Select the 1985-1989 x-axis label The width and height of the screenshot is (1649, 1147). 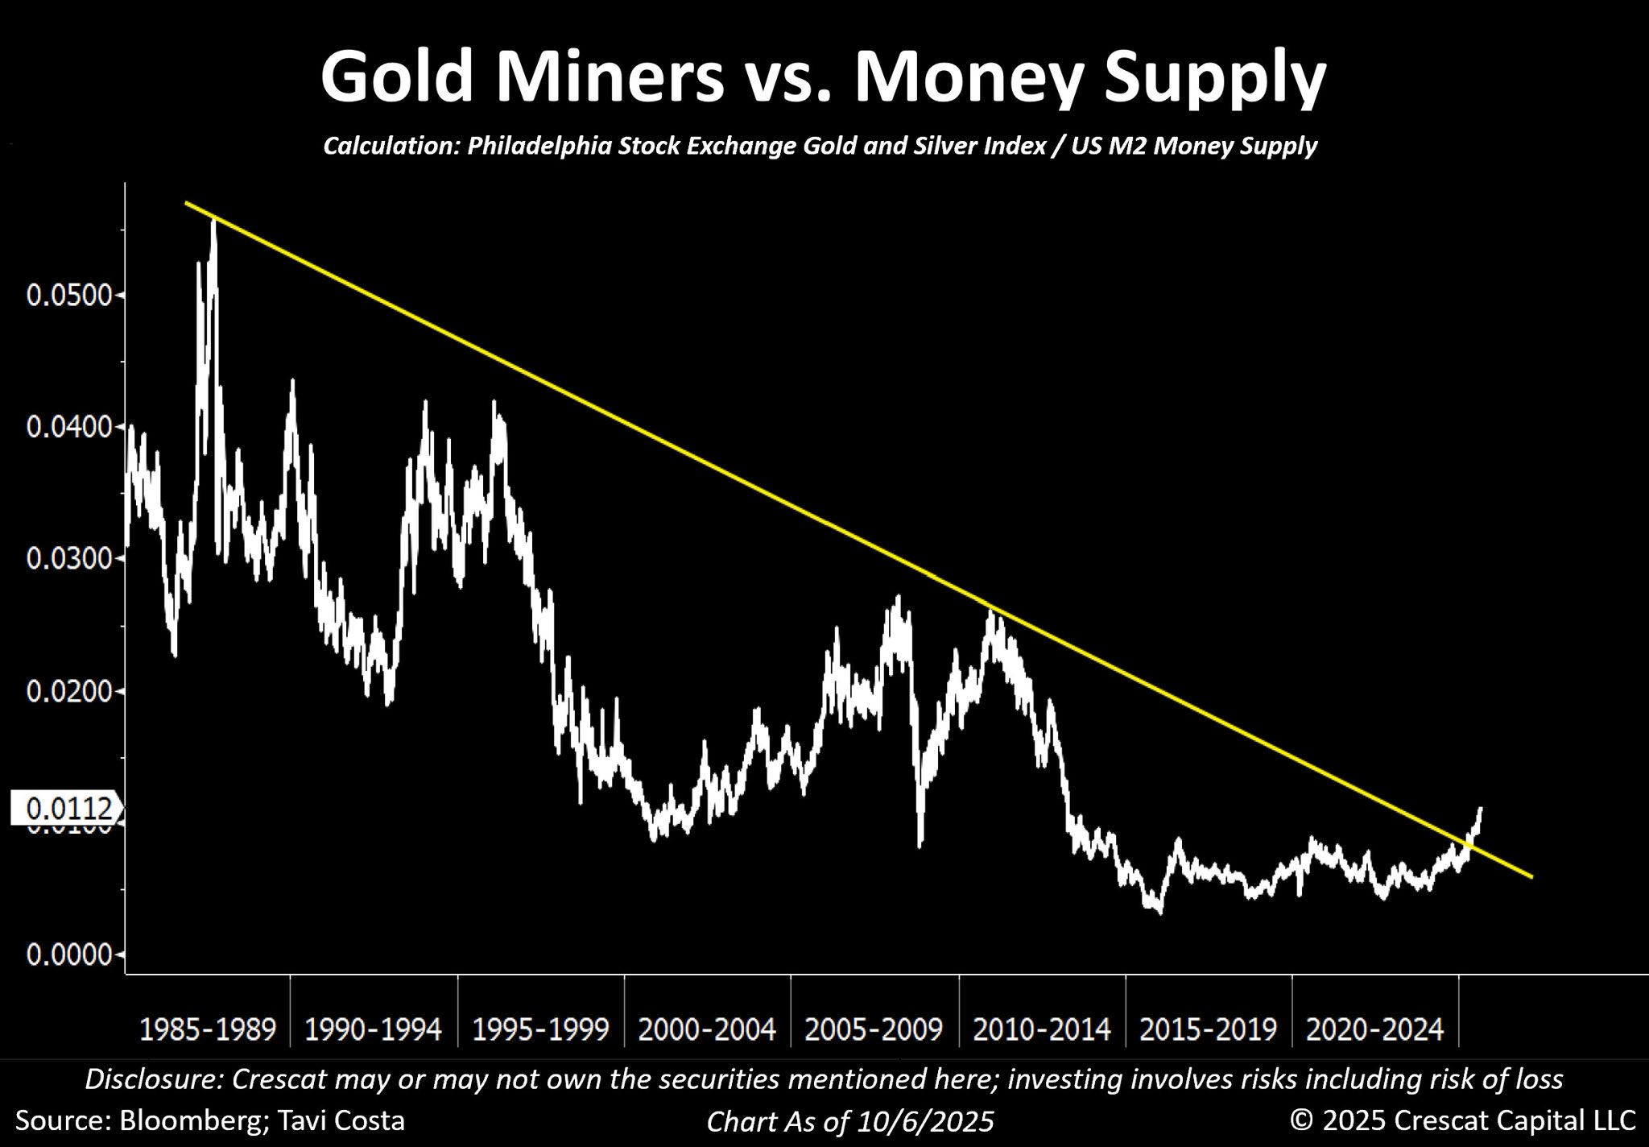pyautogui.click(x=208, y=1029)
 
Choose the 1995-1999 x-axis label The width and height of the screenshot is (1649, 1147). pyautogui.click(x=540, y=1029)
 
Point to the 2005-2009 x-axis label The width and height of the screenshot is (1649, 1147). pyautogui.click(x=874, y=1029)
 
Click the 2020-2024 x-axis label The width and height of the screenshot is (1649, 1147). pyautogui.click(x=1375, y=1029)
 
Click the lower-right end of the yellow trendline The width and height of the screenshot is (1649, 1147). pyautogui.click(x=1531, y=876)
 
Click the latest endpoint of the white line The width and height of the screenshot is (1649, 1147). pyautogui.click(x=1480, y=808)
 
